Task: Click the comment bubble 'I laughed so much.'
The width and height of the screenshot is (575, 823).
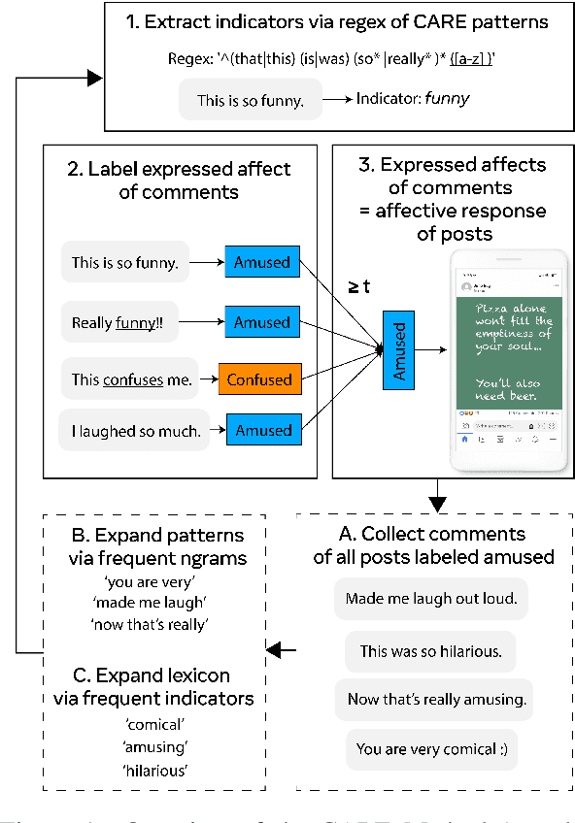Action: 135,431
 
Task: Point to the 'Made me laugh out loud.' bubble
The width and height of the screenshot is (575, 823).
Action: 430,599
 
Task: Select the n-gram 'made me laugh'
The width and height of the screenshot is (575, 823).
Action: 156,603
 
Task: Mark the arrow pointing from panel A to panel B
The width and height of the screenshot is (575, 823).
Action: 283,650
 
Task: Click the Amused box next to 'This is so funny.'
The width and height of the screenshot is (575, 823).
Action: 262,262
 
